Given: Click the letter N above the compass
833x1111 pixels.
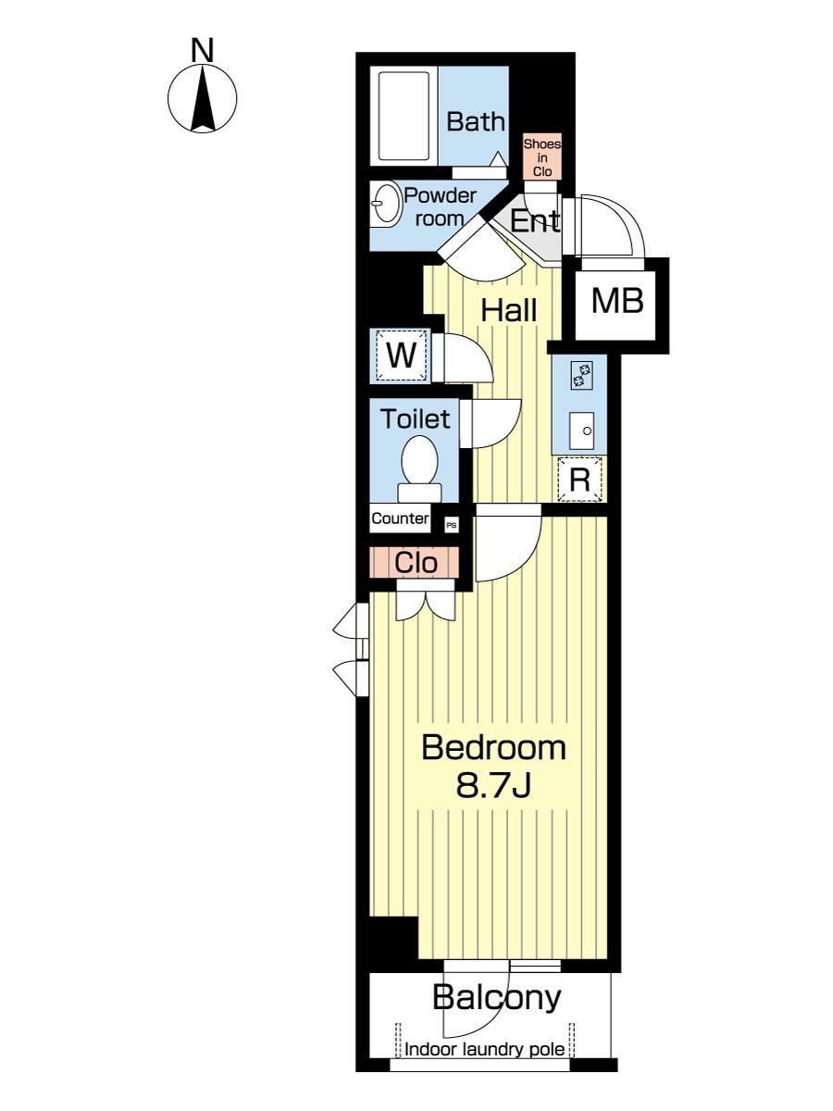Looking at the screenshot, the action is [x=203, y=50].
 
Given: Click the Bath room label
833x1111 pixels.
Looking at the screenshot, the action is [x=476, y=122].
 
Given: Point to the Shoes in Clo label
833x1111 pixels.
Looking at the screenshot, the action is [x=541, y=157].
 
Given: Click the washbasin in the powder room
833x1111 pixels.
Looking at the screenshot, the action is [x=385, y=204].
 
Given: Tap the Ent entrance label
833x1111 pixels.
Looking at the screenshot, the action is [x=535, y=220].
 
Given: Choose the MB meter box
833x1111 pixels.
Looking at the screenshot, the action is [x=617, y=301].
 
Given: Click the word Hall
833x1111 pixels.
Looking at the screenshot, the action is [x=508, y=310].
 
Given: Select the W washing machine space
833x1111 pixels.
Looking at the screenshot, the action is [x=401, y=356].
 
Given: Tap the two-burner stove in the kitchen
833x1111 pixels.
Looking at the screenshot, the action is [x=581, y=375].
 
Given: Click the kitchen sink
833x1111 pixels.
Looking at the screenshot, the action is [x=581, y=431].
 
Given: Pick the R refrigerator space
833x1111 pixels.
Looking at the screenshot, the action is [x=580, y=479].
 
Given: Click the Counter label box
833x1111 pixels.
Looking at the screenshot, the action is [x=400, y=518].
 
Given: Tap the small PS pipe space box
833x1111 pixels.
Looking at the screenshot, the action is [x=452, y=525].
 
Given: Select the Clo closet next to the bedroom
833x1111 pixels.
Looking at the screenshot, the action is [x=415, y=562].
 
